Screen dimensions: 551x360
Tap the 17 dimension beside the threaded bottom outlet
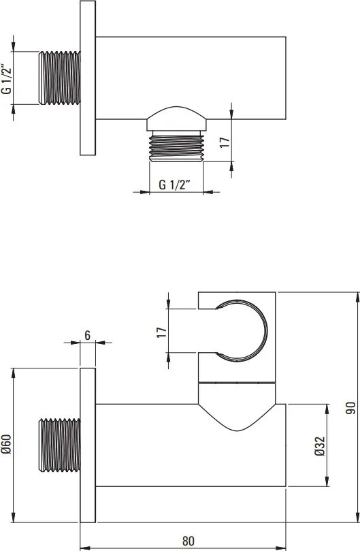pos(225,142)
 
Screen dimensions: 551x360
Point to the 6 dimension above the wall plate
pos(88,334)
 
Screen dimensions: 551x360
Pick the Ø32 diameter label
pos(319,445)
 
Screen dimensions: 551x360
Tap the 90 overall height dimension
pos(350,407)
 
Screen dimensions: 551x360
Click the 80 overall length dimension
pos(188,541)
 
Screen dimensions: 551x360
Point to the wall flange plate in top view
pos(88,78)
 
